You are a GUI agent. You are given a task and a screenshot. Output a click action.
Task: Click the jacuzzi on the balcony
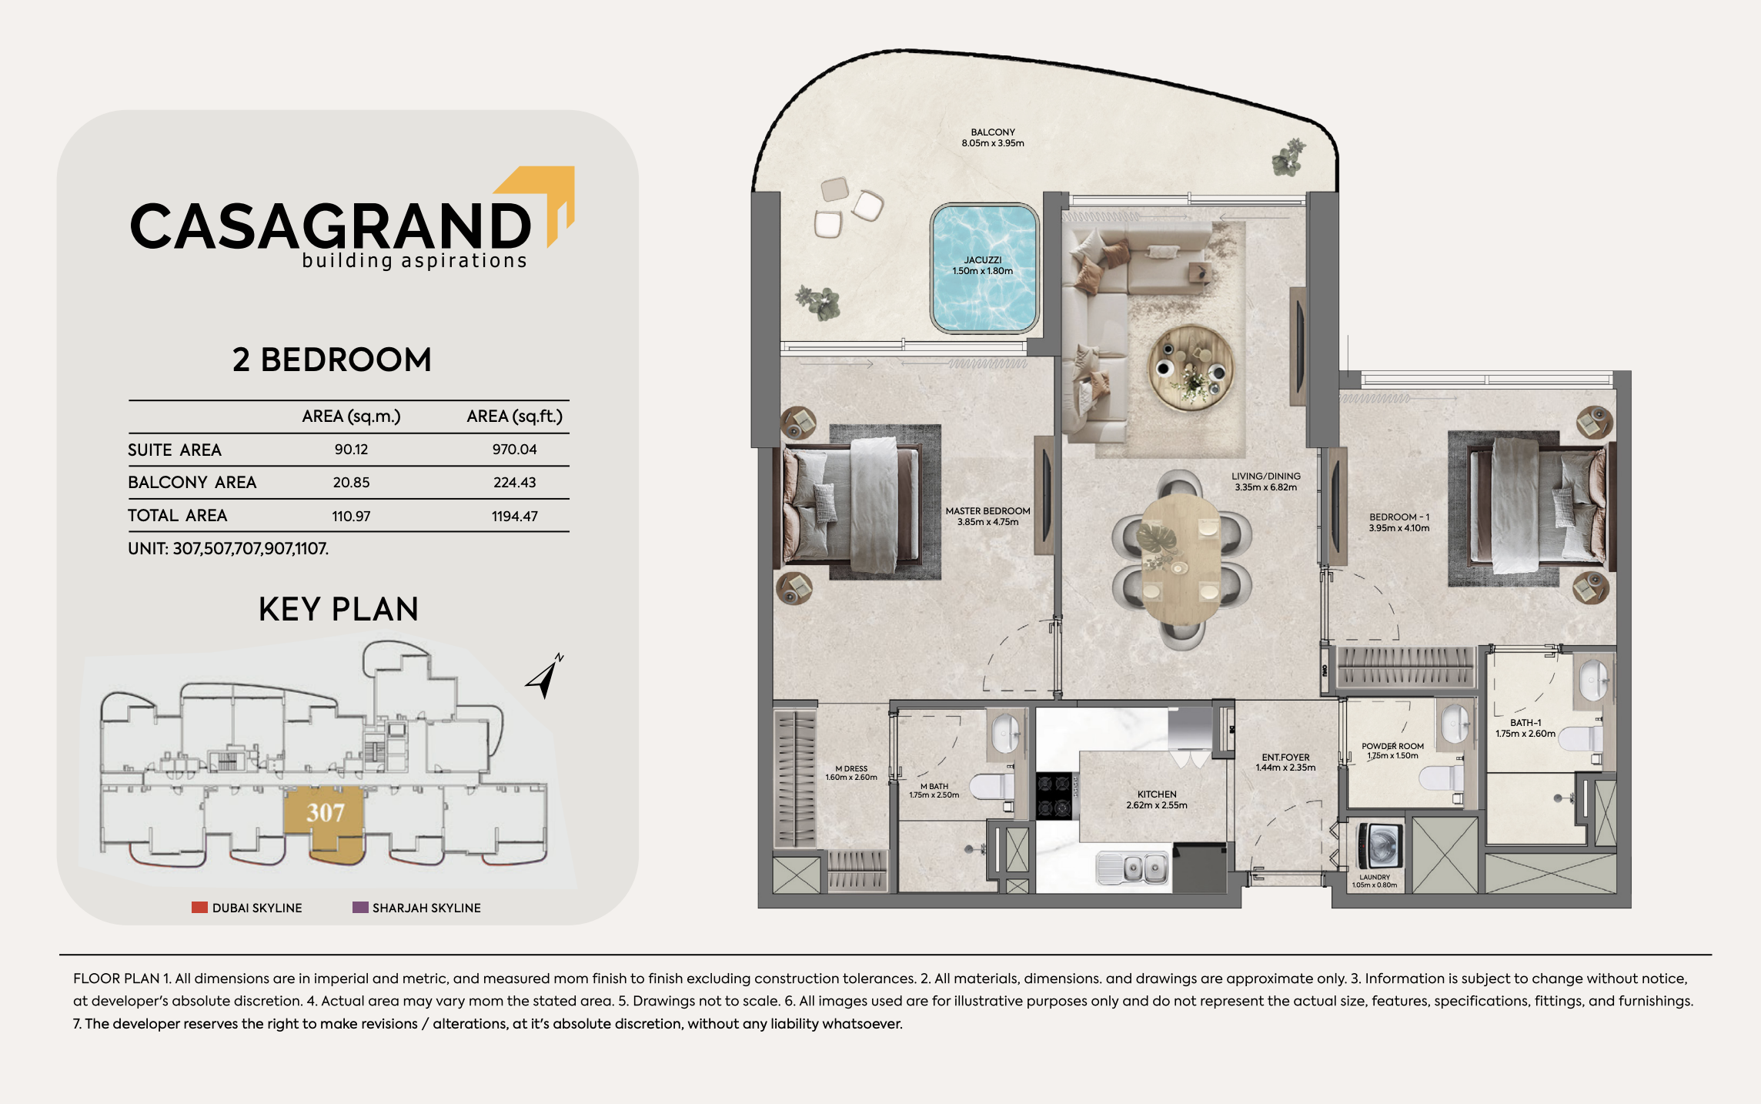(984, 268)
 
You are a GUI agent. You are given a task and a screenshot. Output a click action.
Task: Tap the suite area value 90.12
(351, 450)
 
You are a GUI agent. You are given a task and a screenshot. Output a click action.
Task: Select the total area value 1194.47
(515, 517)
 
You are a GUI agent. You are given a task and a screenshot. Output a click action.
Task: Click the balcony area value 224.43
(515, 483)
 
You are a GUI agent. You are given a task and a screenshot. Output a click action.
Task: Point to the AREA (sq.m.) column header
(351, 417)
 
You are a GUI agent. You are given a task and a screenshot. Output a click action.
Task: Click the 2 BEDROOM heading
(332, 360)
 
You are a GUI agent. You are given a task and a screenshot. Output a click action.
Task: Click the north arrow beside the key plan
(545, 677)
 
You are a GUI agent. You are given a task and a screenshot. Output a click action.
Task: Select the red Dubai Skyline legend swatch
(199, 908)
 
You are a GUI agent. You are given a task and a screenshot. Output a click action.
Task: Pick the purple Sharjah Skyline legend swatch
(360, 908)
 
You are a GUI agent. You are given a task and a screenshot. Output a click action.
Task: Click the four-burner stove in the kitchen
(1054, 796)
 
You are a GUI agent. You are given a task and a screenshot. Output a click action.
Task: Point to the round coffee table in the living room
(1191, 367)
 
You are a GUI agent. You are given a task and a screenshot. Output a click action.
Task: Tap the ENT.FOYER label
(1285, 758)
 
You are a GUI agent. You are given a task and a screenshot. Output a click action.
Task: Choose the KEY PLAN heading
(339, 609)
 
